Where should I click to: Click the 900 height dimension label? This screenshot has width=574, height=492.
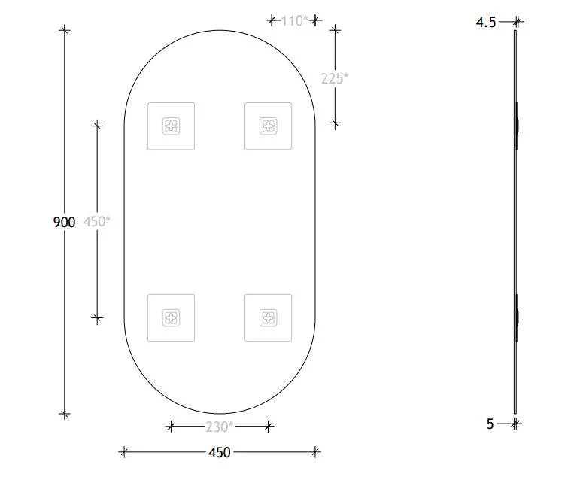click(64, 222)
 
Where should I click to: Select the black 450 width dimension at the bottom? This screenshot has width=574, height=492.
click(219, 452)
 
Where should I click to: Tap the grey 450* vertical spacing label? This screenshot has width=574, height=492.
click(96, 222)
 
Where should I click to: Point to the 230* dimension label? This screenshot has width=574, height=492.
click(219, 427)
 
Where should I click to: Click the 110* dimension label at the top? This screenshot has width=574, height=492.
click(294, 21)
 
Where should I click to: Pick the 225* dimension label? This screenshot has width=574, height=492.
click(334, 77)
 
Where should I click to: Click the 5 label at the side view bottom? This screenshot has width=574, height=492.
click(490, 424)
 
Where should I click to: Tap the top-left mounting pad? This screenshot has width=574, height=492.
click(172, 126)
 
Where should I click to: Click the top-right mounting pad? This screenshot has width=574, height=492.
click(268, 126)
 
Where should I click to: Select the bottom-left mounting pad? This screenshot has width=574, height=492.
click(172, 317)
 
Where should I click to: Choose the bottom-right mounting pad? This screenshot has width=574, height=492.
click(268, 317)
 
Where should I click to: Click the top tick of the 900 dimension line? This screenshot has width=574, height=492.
click(65, 30)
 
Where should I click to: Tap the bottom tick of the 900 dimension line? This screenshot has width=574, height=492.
click(65, 413)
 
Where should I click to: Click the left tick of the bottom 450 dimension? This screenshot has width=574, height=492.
click(124, 452)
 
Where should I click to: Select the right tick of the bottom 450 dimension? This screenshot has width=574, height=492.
click(315, 452)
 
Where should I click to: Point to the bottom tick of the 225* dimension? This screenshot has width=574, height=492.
click(336, 123)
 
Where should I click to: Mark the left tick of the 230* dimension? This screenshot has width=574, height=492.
click(172, 427)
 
